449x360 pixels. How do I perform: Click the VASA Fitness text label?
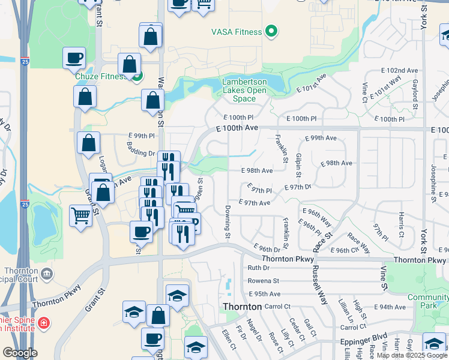click(237, 32)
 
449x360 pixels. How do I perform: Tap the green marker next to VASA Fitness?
click(271, 31)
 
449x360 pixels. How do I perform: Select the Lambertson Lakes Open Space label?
click(244, 91)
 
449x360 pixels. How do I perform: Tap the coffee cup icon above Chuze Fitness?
click(74, 58)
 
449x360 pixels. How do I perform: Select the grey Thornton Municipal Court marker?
click(48, 274)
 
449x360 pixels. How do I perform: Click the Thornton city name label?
click(242, 307)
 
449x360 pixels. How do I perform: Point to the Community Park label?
click(427, 301)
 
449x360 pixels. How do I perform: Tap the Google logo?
click(20, 352)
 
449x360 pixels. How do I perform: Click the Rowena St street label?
click(264, 281)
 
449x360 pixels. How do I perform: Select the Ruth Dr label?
click(259, 268)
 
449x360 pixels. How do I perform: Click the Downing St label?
click(228, 221)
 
